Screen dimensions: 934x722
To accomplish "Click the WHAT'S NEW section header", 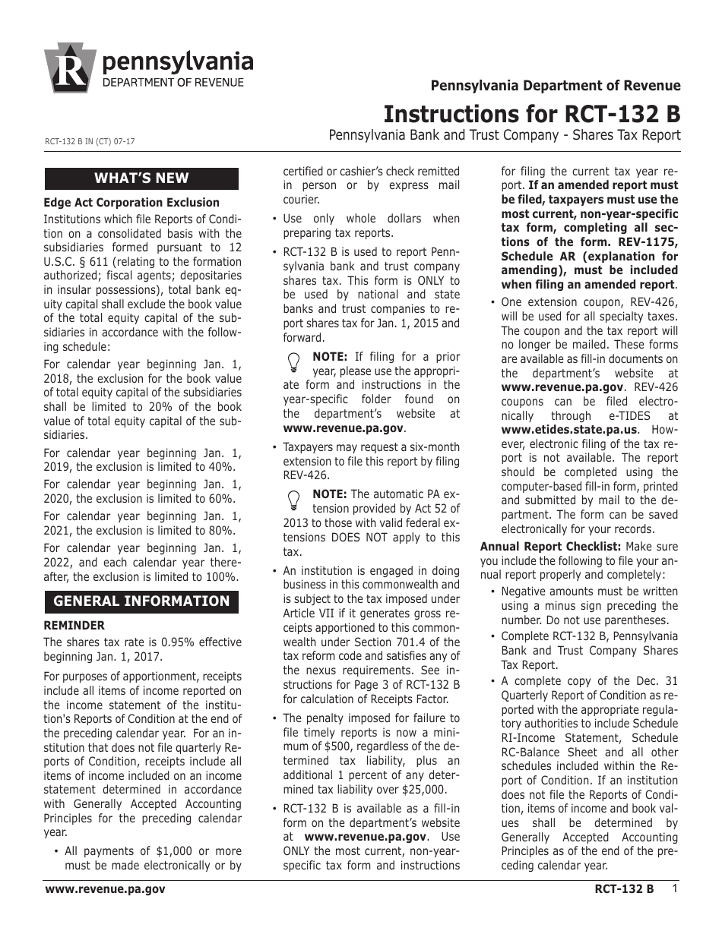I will tap(141, 178).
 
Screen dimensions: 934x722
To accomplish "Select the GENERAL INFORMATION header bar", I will tap(141, 601).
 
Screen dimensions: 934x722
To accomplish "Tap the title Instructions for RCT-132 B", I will tap(531, 114).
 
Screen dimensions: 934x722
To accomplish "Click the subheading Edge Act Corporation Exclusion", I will tap(131, 203).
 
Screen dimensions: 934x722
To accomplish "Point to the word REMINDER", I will tap(74, 626).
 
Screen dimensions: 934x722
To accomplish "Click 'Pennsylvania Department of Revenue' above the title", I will tap(556, 86).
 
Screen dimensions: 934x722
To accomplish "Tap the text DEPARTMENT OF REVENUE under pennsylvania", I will tap(174, 83).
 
